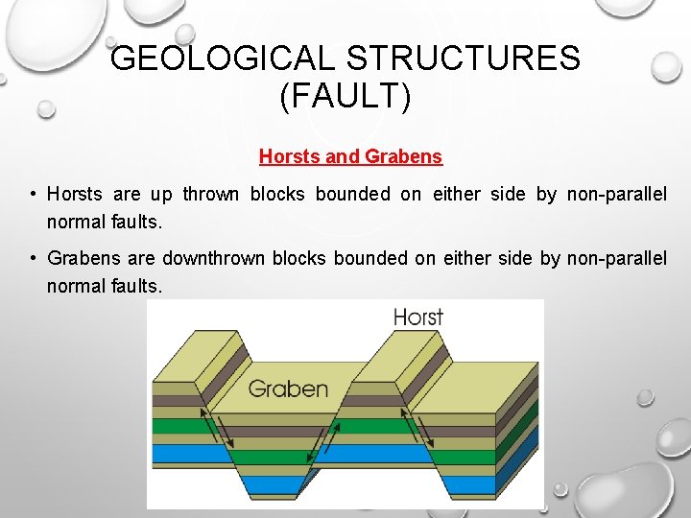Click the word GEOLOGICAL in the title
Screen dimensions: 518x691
tap(223, 59)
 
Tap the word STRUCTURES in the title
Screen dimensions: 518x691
tap(463, 59)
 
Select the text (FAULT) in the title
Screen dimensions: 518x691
tap(345, 97)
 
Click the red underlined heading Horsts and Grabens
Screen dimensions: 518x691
tap(350, 156)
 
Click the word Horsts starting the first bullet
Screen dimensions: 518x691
tap(75, 195)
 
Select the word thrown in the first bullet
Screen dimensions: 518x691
tap(211, 195)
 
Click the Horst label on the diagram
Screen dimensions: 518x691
tap(418, 317)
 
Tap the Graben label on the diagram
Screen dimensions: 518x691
tap(288, 388)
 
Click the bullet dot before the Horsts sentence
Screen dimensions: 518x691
tap(33, 195)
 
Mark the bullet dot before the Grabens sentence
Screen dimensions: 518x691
tap(33, 258)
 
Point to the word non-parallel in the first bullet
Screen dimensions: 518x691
tap(616, 195)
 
